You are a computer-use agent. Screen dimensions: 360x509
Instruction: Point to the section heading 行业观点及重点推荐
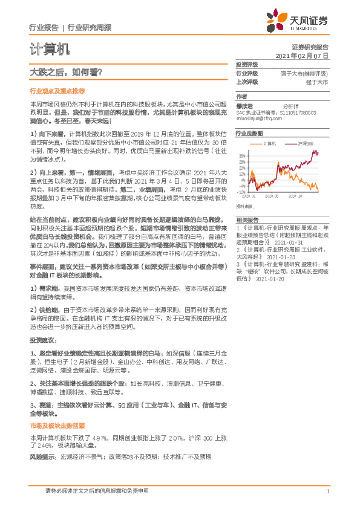57,91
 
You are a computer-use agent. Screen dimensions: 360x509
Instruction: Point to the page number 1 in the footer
327,491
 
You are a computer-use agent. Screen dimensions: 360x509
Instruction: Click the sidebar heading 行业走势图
249,132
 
